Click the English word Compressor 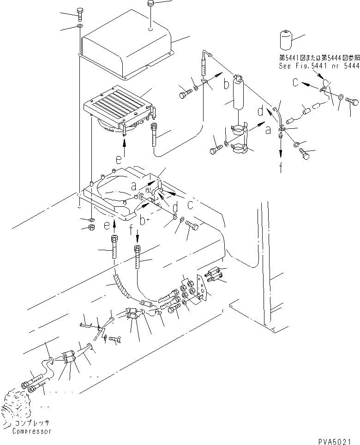pos(32,431)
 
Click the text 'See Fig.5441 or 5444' pos(318,66)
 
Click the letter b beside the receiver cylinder pos(226,84)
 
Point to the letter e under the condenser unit pos(119,160)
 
